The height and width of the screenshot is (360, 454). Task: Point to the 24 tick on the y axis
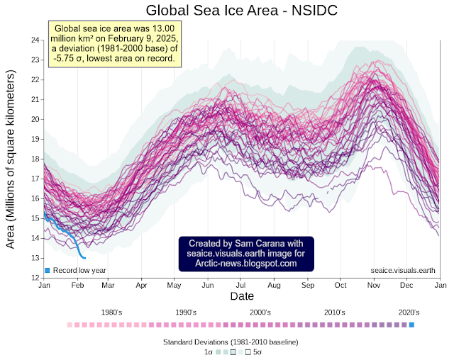34,39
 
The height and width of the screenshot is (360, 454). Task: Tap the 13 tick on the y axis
34,258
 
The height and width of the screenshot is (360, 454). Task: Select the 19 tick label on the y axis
34,139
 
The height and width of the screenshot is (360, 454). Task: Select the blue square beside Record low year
48,271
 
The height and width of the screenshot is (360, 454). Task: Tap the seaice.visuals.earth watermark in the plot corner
403,270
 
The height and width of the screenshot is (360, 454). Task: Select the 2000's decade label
260,313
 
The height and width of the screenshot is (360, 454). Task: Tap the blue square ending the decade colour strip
411,325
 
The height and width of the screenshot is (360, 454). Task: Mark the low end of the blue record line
85,257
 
